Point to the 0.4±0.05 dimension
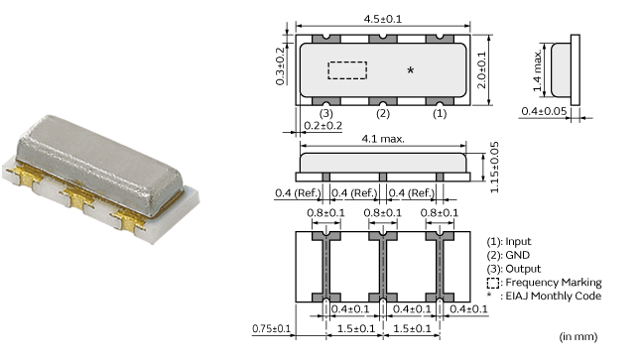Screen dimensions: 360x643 point(545,111)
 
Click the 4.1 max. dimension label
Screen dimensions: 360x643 point(382,139)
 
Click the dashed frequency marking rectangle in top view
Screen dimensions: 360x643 point(347,70)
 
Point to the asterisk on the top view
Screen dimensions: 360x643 point(410,71)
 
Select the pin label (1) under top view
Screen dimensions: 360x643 point(439,113)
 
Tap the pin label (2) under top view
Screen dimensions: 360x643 point(381,113)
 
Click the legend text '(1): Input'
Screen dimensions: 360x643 point(510,241)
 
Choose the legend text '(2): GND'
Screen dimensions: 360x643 point(508,255)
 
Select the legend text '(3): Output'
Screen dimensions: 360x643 point(513,269)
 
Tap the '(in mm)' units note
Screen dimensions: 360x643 point(579,338)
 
